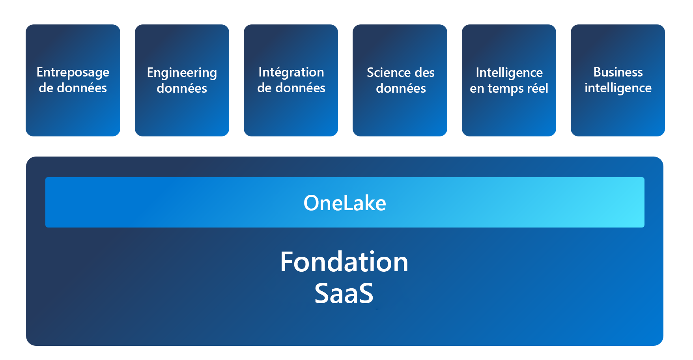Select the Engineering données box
point(182,80)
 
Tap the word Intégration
point(291,73)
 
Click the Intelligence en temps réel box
point(509,80)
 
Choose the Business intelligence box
point(618,80)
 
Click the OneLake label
point(345,203)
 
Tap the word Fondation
point(344,262)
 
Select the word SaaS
point(344,293)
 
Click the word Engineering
point(182,73)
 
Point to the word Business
point(618,72)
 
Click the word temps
point(502,89)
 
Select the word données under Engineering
point(182,88)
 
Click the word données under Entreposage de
point(82,88)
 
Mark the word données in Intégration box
point(300,88)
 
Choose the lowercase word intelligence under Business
point(618,88)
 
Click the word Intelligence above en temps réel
point(509,73)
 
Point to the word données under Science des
point(401,88)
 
